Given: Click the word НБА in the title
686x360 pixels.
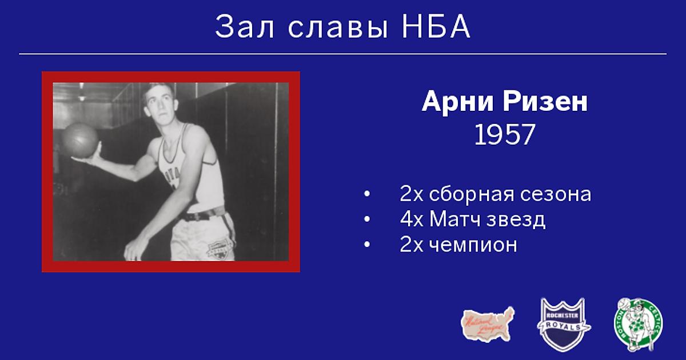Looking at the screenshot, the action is tap(436, 26).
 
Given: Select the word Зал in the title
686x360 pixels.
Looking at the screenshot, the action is tap(245, 26).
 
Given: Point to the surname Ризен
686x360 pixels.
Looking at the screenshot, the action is tap(545, 101).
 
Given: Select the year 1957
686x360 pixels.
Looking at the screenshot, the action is tap(505, 135).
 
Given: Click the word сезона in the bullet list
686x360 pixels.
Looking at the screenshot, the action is tap(556, 194).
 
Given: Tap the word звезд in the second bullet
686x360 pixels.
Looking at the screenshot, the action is tap(516, 220).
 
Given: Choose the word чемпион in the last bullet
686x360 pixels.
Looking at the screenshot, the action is tap(473, 245).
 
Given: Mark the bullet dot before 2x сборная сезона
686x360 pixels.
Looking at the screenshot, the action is tap(367, 194).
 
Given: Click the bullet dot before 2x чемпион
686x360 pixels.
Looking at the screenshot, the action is tap(367, 245).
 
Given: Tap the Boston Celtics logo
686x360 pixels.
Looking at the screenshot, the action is tap(639, 325).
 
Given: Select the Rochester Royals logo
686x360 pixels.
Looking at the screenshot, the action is tap(564, 324).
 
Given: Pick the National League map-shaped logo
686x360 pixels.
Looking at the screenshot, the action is tap(488, 324).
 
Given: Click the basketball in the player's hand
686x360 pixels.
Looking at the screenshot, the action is tap(79, 140).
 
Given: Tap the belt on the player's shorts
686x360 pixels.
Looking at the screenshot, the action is tap(203, 215).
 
